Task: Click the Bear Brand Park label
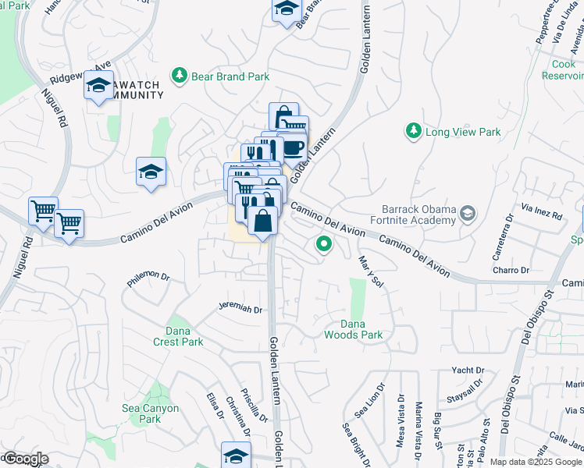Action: click(x=231, y=76)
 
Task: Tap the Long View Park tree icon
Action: click(x=413, y=132)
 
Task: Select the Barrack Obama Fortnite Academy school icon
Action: click(x=468, y=213)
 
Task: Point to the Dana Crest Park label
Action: click(x=178, y=336)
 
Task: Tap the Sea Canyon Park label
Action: click(x=151, y=414)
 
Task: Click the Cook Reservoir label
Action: click(x=568, y=70)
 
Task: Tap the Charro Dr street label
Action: click(x=511, y=271)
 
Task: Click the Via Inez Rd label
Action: click(x=541, y=212)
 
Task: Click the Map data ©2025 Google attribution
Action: click(x=536, y=462)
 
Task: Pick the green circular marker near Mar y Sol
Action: click(x=324, y=246)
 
